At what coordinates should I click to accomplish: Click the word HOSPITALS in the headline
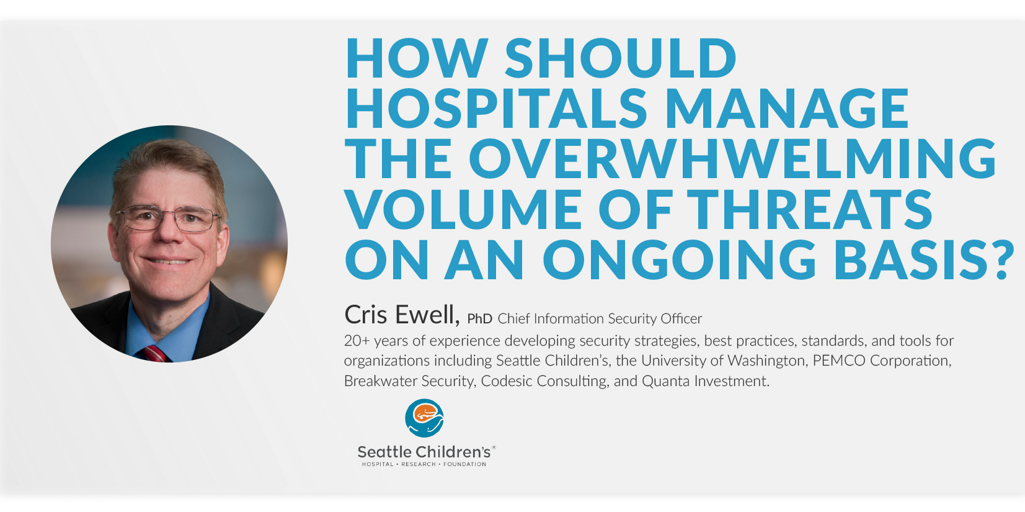496,108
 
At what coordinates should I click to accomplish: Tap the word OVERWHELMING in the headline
733,158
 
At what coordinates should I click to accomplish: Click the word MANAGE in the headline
788,108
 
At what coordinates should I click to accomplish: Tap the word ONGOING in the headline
680,259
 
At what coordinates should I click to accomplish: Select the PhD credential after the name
479,319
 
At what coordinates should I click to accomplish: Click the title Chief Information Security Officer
600,319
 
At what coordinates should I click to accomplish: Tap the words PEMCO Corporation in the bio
882,361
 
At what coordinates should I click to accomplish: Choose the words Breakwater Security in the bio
410,381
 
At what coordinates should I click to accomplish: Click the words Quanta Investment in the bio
705,381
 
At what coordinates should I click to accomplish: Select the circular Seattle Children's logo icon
424,418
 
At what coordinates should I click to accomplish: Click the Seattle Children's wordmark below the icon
424,452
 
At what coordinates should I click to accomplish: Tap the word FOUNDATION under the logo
464,464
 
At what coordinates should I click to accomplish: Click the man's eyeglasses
169,218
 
